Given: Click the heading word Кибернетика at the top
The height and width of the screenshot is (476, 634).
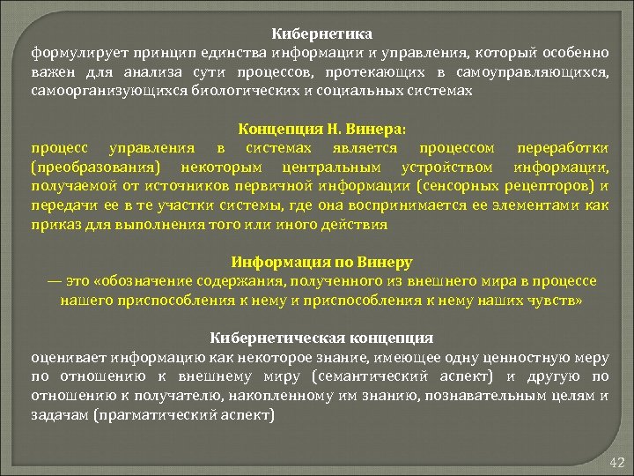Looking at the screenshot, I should point(322,33).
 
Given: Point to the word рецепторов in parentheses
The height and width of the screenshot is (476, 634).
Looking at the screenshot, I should point(549,186).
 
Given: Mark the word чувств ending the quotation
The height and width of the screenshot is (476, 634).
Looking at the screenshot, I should point(555,301).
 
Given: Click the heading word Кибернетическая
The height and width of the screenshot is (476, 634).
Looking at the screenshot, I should point(274,338).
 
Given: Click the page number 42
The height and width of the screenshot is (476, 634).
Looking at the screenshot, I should point(616,463).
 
